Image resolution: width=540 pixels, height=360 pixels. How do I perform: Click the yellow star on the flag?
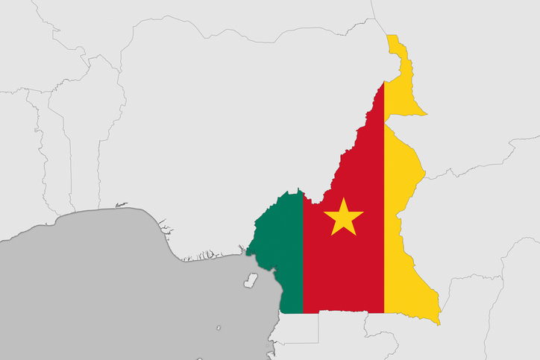(344, 218)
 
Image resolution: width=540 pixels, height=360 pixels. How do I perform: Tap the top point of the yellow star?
(344, 198)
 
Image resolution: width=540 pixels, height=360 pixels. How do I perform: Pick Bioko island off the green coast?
(251, 280)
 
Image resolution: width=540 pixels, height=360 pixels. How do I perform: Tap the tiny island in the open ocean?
(219, 327)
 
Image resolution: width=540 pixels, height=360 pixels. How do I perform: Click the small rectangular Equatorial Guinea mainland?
(295, 328)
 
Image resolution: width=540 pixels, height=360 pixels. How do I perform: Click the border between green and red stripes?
(303, 253)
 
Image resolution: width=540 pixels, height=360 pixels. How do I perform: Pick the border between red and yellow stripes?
(384, 224)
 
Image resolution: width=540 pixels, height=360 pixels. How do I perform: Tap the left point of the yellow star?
(324, 212)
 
